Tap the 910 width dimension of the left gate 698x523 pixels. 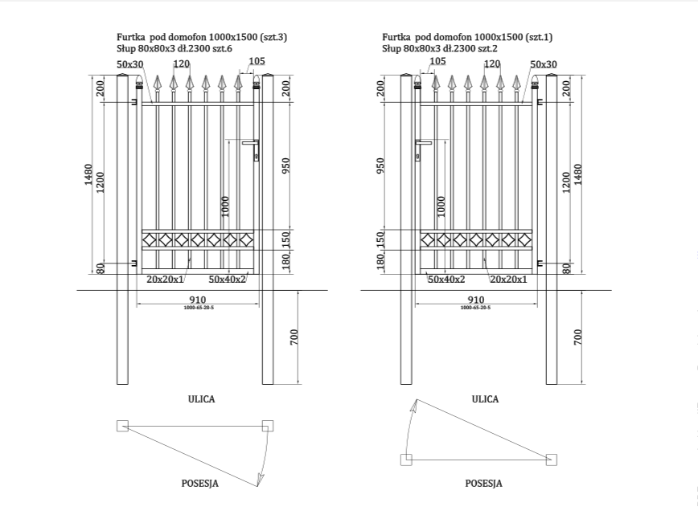click(198, 300)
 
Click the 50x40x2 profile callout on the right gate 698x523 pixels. click(446, 279)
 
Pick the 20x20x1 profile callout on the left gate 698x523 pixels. click(165, 279)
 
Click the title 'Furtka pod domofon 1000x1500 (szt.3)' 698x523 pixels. click(202, 37)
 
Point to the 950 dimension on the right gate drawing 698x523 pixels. click(380, 165)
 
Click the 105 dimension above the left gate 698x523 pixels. click(257, 61)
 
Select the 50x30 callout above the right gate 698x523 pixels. click(544, 63)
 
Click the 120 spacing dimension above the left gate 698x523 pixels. click(181, 63)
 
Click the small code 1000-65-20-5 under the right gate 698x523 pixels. click(475, 308)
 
